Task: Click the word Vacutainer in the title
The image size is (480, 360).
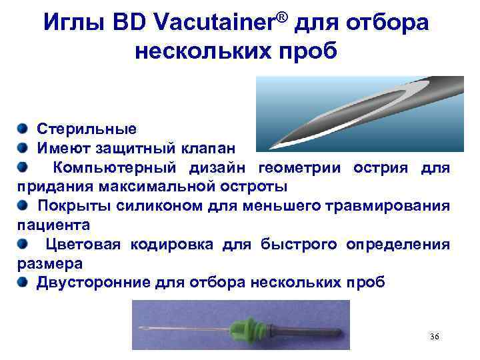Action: pos(215,23)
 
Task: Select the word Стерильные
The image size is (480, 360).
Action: pos(87,129)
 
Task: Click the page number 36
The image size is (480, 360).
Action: pos(434,337)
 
